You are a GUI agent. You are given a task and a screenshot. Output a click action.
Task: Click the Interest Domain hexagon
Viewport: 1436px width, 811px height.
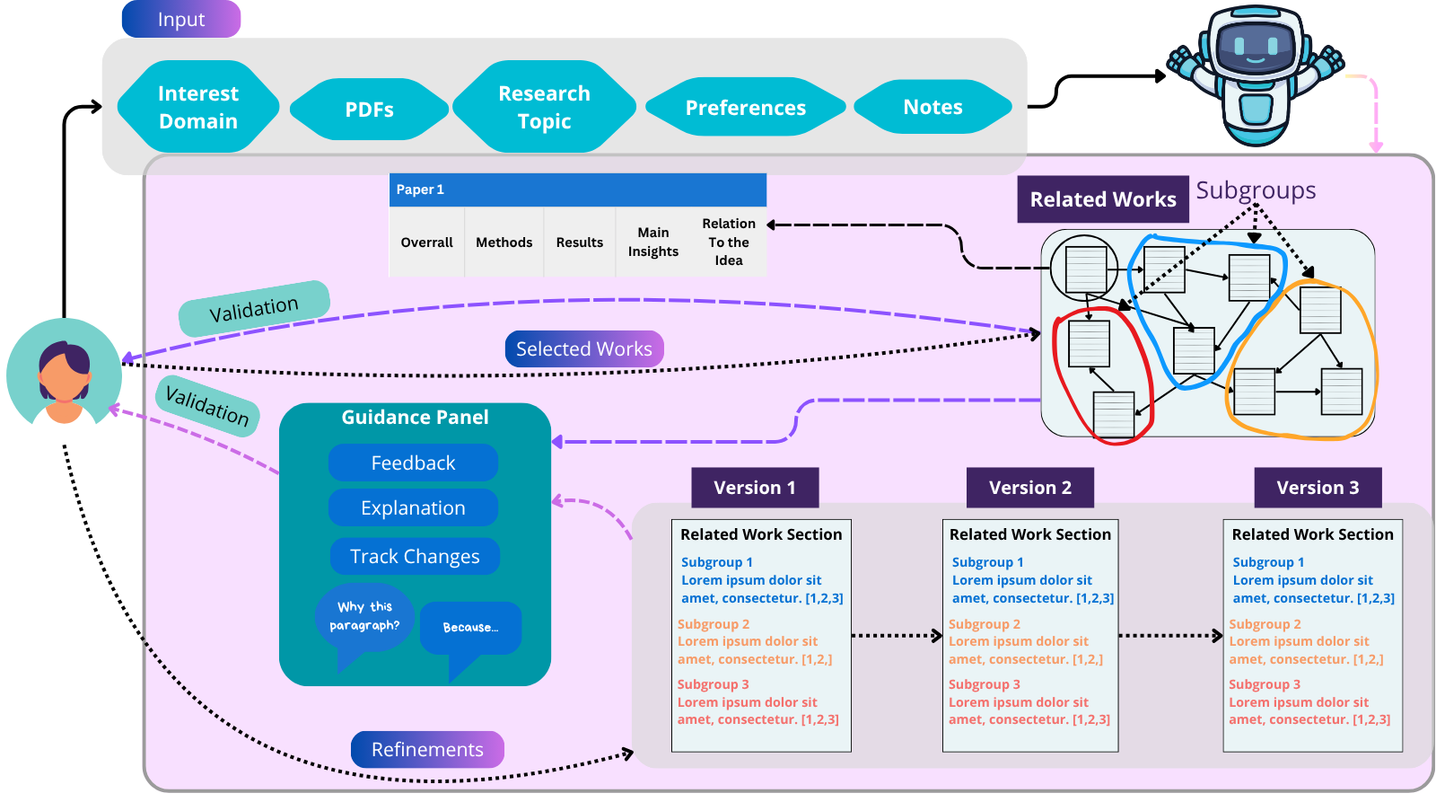198,107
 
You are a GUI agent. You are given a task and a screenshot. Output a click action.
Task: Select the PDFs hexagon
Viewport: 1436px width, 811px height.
369,110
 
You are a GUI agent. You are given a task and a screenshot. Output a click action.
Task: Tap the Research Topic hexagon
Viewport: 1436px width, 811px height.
544,107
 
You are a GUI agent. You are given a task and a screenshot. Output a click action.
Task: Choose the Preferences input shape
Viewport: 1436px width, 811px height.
745,108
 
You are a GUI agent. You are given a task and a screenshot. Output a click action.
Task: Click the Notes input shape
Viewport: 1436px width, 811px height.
933,107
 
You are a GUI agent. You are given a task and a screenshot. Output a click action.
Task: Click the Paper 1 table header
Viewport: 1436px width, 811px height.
577,190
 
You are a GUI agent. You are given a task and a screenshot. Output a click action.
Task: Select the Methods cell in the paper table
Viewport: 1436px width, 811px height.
503,242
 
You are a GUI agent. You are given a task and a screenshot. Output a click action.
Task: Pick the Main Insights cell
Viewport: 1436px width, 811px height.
652,242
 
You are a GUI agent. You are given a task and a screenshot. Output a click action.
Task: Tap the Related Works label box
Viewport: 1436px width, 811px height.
1102,199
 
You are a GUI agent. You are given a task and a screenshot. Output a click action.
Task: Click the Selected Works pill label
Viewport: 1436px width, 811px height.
583,348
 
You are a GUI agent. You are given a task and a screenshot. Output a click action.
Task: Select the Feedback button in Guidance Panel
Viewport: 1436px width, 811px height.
413,463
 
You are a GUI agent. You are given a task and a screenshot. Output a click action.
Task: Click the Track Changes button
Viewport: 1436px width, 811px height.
414,556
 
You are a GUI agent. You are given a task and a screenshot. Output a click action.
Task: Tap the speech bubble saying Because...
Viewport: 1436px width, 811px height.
470,628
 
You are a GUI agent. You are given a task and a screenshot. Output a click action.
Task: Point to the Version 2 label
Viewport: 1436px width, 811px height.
1029,488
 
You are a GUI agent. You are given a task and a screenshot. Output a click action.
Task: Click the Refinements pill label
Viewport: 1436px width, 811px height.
427,749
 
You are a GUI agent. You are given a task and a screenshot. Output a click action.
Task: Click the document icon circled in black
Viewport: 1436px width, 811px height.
1085,268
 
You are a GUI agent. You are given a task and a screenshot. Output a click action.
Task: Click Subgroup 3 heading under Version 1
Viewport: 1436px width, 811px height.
713,684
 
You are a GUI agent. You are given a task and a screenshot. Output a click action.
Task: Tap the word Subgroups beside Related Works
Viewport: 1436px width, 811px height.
1256,190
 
